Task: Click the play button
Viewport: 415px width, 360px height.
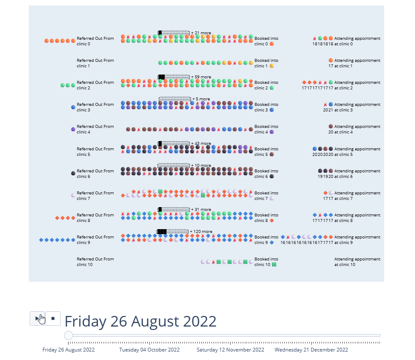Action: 37,318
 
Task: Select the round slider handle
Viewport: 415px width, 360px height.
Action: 69,335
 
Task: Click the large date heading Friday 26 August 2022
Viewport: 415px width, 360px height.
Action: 140,321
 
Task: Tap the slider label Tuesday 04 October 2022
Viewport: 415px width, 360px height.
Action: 149,350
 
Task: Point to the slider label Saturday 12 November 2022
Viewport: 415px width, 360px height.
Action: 231,350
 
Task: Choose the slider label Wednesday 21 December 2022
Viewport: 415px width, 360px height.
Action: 311,350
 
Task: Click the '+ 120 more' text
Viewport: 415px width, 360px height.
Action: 201,232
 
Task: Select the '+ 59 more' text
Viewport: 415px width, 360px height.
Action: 201,77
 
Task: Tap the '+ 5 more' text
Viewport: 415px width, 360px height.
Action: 201,99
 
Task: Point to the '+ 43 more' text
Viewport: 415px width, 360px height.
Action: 201,144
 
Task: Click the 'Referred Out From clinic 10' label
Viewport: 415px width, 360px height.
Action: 95,262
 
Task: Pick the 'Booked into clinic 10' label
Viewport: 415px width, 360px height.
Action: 266,262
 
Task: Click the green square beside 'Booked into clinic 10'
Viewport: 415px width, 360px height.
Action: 274,265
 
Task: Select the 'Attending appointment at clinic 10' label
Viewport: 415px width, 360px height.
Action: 357,262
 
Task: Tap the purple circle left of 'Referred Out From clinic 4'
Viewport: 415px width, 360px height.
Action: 73,129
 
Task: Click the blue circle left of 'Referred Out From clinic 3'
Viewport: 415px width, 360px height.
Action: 73,107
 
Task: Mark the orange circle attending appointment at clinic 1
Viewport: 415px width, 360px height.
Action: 331,60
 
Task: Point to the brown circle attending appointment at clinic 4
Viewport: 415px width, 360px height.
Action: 331,126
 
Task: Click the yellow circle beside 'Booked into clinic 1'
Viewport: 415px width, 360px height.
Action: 272,66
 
